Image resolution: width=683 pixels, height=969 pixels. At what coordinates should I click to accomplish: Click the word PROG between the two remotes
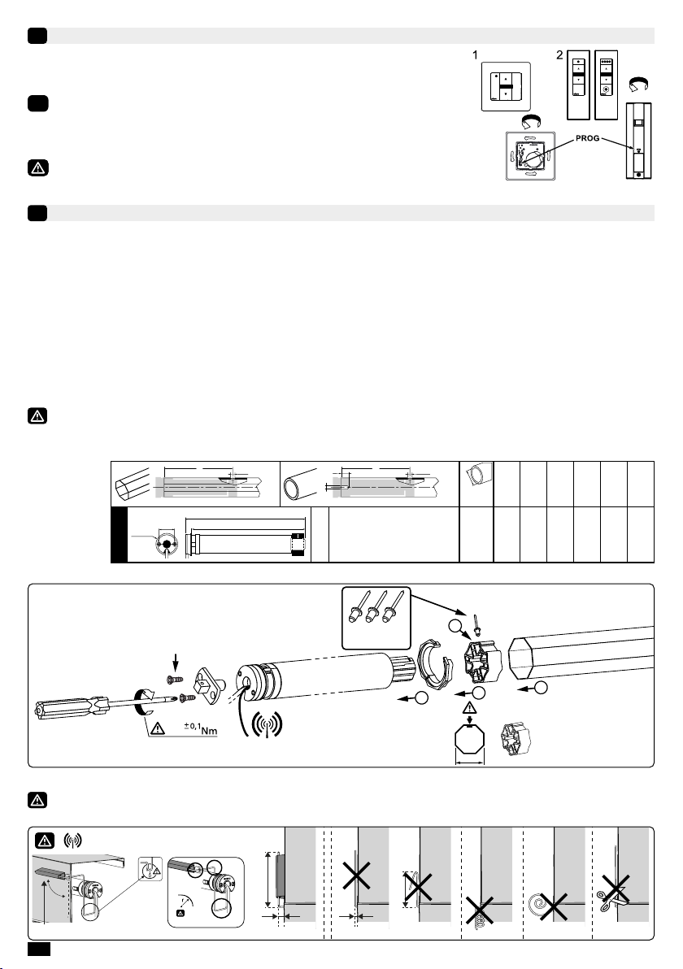tap(587, 138)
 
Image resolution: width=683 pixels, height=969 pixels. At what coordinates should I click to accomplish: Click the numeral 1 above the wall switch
tap(475, 55)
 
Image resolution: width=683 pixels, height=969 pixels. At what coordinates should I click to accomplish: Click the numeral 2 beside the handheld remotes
tap(559, 55)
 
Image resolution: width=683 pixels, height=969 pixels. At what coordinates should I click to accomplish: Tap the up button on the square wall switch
tap(506, 79)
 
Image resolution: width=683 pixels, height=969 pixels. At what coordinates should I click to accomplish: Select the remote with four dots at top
tap(607, 85)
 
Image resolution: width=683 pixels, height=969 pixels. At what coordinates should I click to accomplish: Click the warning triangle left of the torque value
tap(158, 728)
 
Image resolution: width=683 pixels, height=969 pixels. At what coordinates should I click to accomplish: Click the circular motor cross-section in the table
tap(166, 542)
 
